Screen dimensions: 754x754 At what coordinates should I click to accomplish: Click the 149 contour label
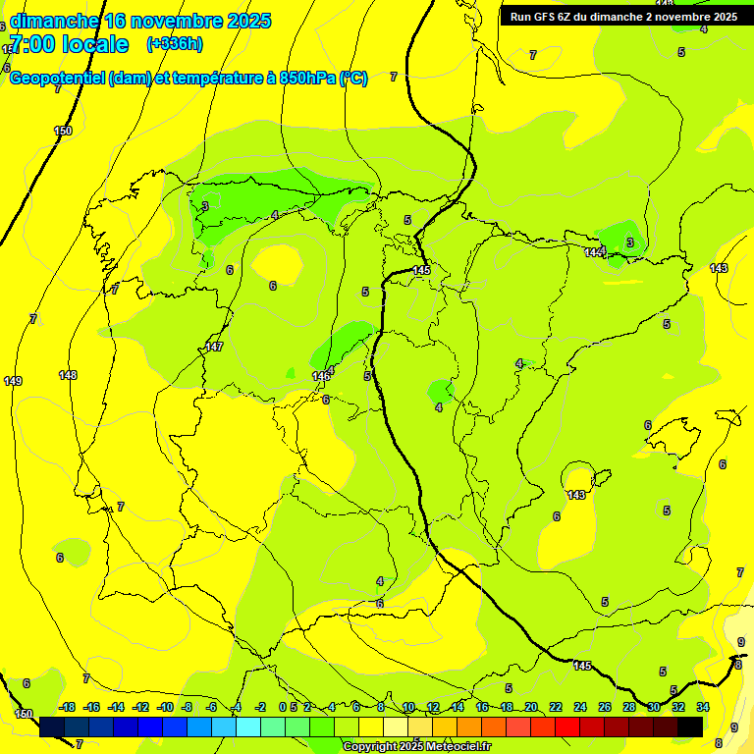(13, 381)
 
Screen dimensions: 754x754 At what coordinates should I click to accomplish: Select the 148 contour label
(68, 375)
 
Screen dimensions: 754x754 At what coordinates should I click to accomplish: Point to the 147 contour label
(215, 347)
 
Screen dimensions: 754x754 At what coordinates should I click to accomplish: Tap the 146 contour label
(321, 376)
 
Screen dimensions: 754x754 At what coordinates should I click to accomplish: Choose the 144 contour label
(593, 252)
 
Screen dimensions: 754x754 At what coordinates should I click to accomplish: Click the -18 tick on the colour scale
(67, 707)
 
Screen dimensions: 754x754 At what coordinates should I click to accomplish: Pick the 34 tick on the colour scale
(703, 707)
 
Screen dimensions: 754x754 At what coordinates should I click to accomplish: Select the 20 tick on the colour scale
(531, 707)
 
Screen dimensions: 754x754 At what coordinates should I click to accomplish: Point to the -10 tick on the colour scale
(165, 707)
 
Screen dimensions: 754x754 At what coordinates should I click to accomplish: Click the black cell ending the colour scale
(690, 727)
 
